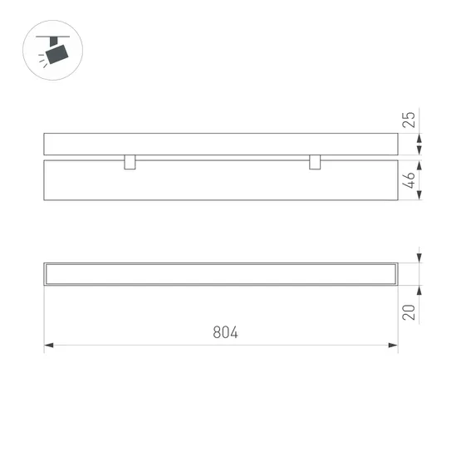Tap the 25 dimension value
point(409,118)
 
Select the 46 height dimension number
point(409,179)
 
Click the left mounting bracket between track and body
point(130,161)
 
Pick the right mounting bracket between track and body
point(315,161)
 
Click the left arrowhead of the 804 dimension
point(49,345)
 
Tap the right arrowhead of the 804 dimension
point(393,345)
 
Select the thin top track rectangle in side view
point(221,144)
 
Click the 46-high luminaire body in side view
point(221,180)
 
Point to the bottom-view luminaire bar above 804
point(221,274)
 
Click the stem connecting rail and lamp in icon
point(56,42)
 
